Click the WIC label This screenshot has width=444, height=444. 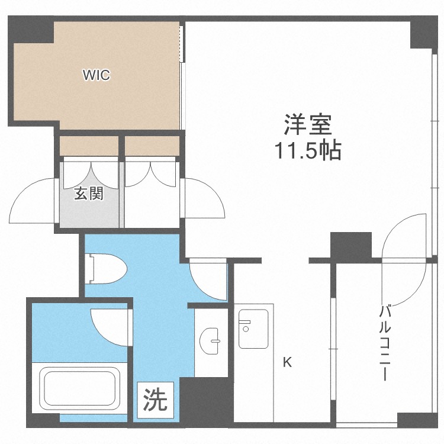click(x=96, y=75)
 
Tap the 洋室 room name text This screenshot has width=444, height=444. click(x=307, y=126)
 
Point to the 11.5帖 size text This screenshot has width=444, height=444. click(x=307, y=151)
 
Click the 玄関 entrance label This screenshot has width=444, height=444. click(x=89, y=194)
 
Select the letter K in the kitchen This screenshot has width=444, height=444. click(x=287, y=362)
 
